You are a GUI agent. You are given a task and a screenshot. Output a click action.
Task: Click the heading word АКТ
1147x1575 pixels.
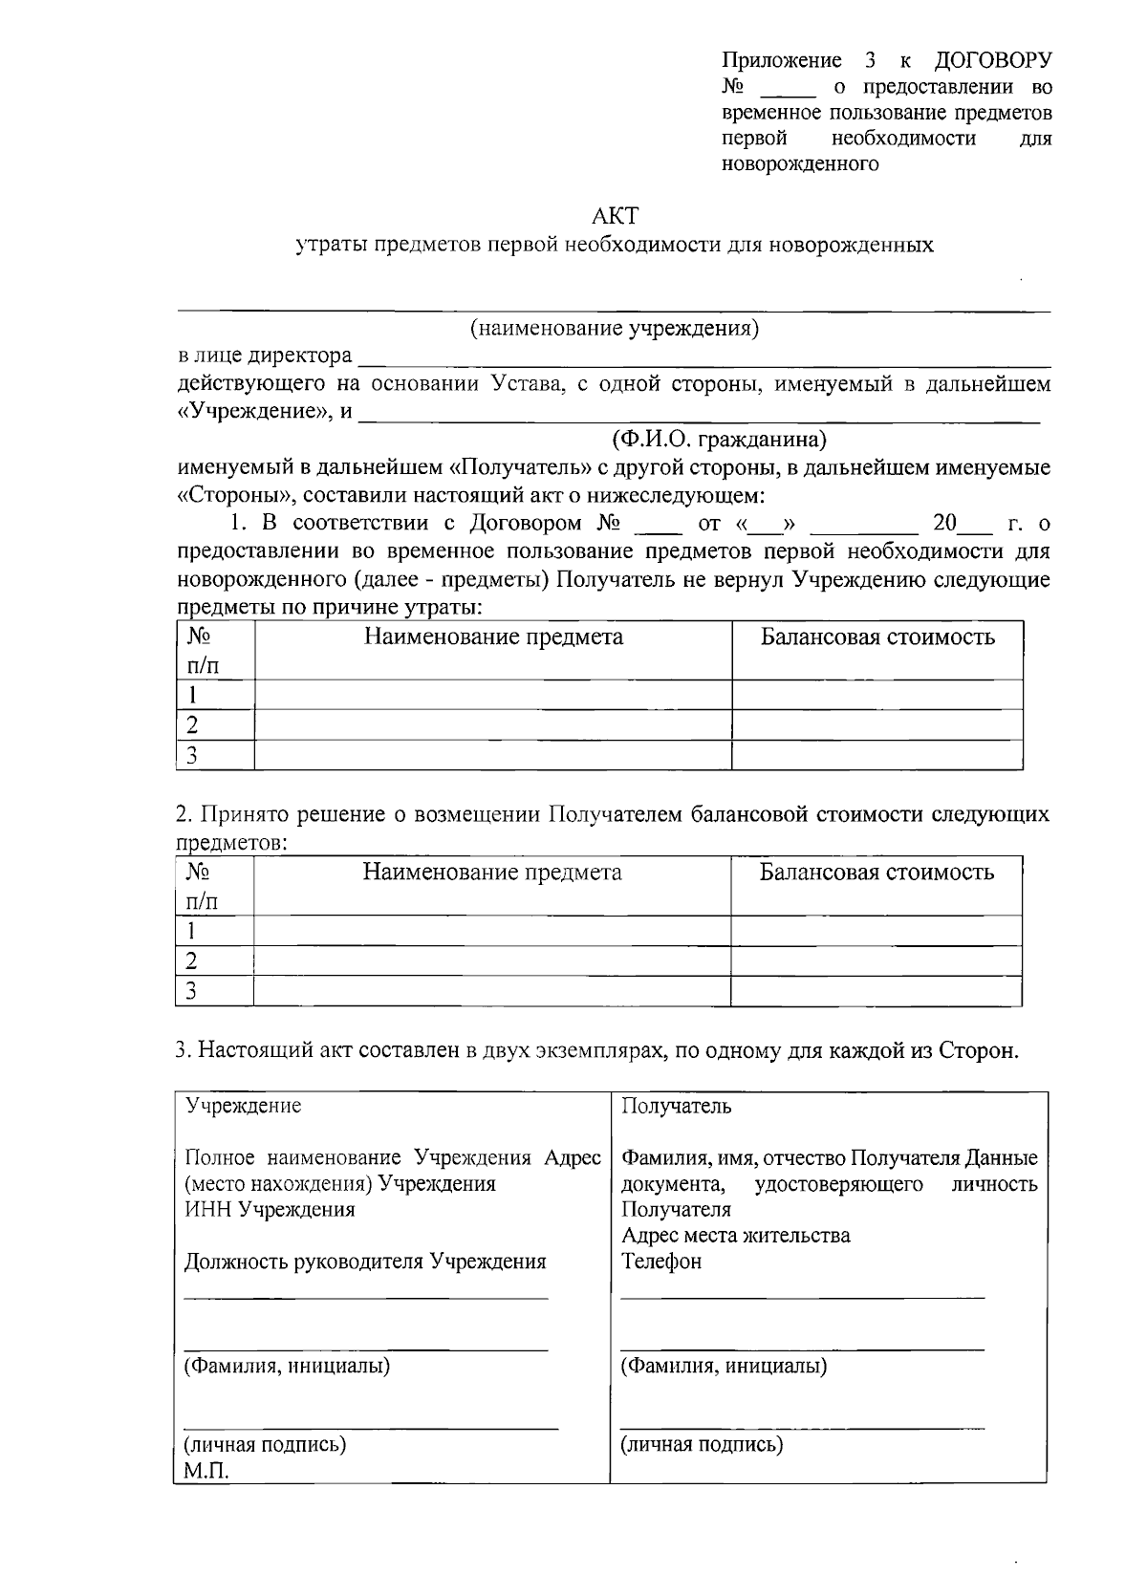615,215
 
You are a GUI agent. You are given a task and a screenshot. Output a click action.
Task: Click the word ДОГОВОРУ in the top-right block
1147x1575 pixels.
992,61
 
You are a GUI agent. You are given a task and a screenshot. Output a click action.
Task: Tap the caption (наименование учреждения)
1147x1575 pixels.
615,329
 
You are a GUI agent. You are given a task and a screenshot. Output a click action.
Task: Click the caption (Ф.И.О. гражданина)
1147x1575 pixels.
719,440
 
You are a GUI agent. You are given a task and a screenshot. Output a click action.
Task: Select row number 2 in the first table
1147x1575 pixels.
192,724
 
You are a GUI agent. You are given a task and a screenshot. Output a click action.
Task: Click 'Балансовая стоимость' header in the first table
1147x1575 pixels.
876,637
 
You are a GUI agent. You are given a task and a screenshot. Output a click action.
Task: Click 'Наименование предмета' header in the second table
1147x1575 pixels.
491,873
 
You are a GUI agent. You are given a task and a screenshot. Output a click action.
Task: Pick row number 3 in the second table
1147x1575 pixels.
191,991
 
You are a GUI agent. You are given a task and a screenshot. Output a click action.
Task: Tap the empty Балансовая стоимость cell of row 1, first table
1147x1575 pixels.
876,695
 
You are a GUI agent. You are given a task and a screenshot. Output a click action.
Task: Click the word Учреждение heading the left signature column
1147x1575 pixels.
243,1106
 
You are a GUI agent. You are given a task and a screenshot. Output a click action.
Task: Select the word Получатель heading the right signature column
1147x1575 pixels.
676,1106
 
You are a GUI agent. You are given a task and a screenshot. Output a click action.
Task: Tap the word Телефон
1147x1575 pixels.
660,1262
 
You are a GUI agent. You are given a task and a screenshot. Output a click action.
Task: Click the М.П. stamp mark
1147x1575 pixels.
206,1470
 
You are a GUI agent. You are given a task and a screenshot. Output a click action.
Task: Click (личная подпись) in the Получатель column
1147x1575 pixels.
702,1444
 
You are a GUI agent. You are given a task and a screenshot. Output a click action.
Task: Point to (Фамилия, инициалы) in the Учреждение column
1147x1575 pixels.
287,1366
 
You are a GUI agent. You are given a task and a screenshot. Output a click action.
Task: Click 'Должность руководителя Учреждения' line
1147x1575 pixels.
365,1262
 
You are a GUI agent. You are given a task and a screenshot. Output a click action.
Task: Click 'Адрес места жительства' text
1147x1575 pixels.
735,1236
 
